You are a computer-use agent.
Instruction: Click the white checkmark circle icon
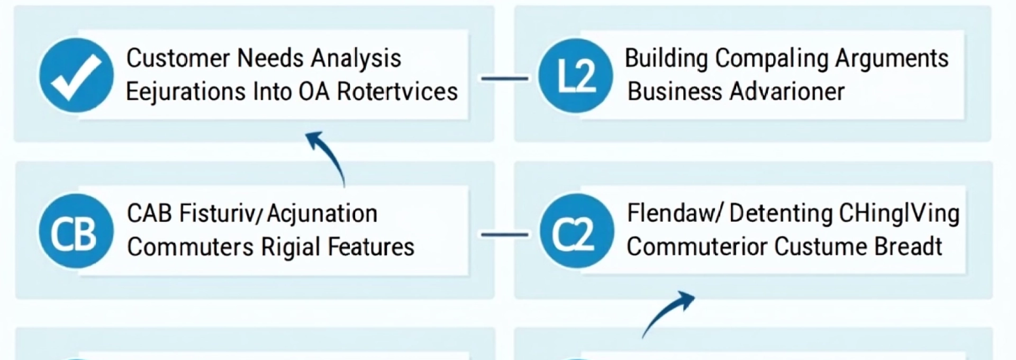point(76,75)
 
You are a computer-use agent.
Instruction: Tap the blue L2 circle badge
point(576,75)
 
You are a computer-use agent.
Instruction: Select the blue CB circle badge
point(76,231)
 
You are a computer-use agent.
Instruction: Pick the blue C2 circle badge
point(576,231)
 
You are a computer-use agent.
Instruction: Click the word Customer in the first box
point(178,58)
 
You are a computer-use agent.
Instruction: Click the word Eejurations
point(185,92)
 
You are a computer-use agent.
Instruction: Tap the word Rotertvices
point(397,91)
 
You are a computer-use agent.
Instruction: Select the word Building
point(666,58)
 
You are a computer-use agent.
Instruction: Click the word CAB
point(149,213)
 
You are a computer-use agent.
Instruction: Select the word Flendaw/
point(674,213)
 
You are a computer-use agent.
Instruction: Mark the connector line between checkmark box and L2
point(504,78)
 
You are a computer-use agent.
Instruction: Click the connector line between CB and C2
point(504,234)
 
